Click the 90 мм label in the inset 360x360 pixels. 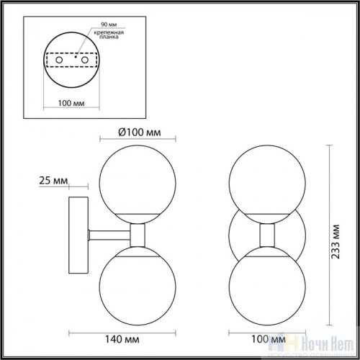[x=91, y=24]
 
